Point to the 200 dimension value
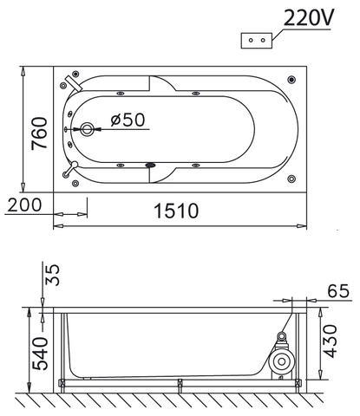(x=23, y=205)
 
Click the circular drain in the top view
(x=87, y=131)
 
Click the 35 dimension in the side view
(x=53, y=276)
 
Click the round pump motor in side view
(x=282, y=360)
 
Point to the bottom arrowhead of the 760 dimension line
(x=23, y=187)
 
